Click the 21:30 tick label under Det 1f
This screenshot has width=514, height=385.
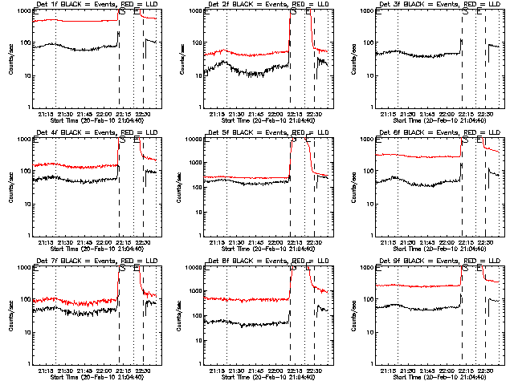coord(65,113)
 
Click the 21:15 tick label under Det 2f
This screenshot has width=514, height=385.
coord(217,113)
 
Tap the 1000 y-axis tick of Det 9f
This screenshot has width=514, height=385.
coord(365,268)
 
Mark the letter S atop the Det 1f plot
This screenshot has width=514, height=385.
coord(122,14)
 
